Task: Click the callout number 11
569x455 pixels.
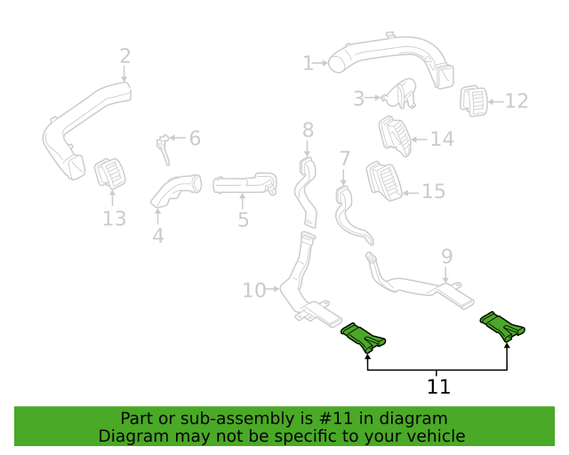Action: tap(438, 387)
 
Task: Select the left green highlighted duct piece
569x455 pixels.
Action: tap(363, 338)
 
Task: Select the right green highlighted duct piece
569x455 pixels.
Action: tap(502, 326)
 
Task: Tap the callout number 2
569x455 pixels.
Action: tap(125, 57)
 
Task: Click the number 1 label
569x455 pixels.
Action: tap(308, 63)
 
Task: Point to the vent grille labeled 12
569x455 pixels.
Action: tap(474, 101)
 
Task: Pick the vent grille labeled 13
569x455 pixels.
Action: tap(110, 174)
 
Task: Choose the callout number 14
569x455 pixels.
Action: tap(442, 139)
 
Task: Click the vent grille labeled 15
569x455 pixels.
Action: tap(385, 181)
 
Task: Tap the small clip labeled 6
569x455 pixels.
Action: tap(164, 148)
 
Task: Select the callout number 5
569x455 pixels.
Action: tap(243, 220)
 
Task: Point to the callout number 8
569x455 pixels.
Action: tap(308, 130)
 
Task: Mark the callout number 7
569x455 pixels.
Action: tap(344, 159)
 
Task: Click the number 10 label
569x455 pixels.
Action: tap(254, 291)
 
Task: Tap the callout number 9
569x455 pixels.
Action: tap(447, 257)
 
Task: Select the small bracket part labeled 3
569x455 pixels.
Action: tap(399, 93)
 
